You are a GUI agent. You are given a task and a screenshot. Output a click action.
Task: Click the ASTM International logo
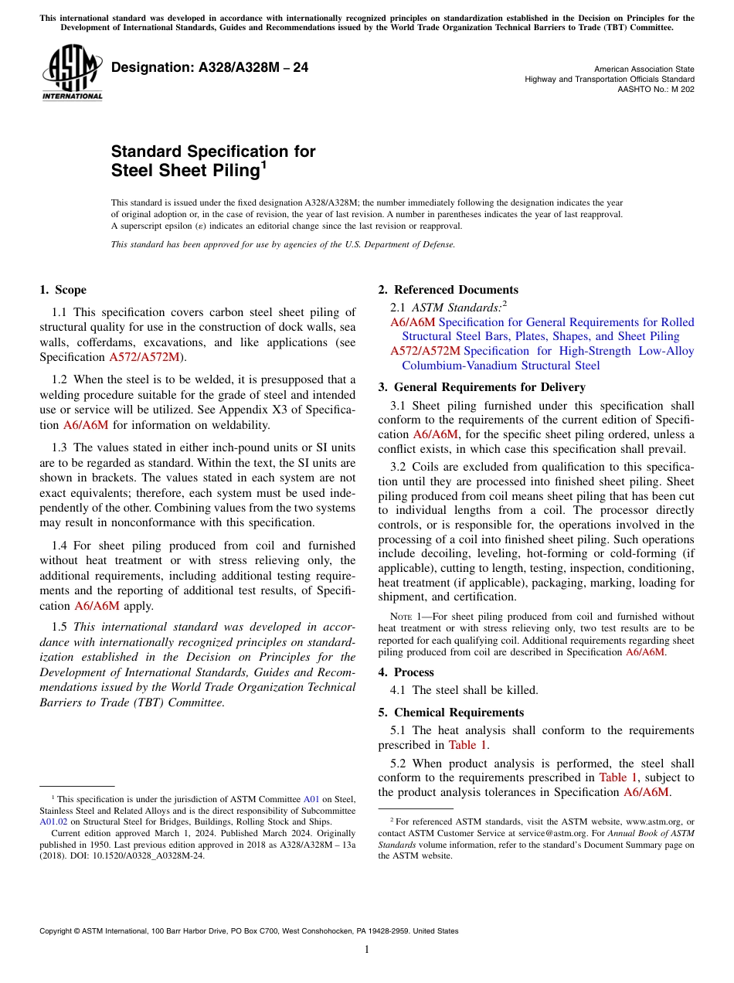tap(72, 73)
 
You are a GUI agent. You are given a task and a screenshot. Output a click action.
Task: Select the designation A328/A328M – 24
tap(209, 68)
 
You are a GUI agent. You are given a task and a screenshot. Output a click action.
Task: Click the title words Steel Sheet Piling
tap(185, 170)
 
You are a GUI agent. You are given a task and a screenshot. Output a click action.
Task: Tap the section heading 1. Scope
tap(63, 290)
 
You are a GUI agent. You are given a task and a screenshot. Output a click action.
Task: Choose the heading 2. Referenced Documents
tap(448, 290)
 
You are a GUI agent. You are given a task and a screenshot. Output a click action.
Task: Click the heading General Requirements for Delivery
tap(489, 387)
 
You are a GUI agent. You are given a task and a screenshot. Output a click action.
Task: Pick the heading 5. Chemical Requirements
tap(450, 713)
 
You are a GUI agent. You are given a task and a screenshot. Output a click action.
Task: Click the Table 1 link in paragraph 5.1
tap(468, 745)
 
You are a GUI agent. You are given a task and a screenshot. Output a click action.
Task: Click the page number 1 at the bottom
tap(367, 950)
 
